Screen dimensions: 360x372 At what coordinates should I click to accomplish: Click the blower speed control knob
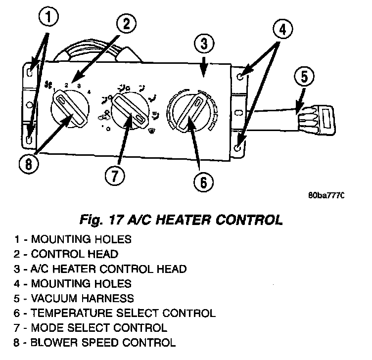coord(70,106)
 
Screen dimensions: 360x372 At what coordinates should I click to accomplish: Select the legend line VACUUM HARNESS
coord(74,298)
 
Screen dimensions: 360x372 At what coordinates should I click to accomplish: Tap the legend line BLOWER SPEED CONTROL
coord(94,342)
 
